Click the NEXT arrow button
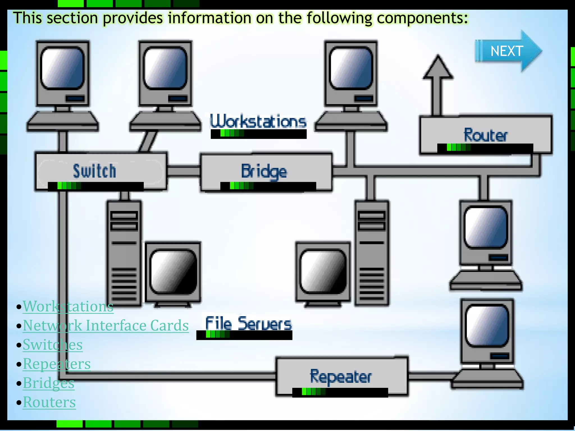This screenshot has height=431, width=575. (x=507, y=51)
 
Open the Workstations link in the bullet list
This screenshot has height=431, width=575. (x=68, y=306)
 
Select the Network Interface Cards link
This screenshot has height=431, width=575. (x=106, y=325)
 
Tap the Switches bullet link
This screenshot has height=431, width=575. (x=53, y=345)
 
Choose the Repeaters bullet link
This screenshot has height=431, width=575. (x=56, y=364)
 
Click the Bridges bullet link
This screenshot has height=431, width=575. (x=49, y=383)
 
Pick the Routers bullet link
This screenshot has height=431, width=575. (x=49, y=402)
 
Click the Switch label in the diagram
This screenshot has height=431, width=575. (x=94, y=171)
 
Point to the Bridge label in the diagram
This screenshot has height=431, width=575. (x=264, y=171)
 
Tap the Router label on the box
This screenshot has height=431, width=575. (x=485, y=135)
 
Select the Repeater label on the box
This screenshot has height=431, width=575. (x=341, y=377)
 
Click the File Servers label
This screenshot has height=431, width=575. (x=248, y=323)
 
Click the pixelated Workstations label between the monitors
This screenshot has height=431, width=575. (x=258, y=121)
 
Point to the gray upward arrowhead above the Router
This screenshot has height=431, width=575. (x=438, y=67)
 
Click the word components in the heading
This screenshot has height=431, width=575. (x=422, y=18)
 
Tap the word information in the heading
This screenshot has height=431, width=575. (x=209, y=18)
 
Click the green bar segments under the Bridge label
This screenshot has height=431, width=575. (x=241, y=186)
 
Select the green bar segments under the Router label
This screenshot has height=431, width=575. (x=458, y=147)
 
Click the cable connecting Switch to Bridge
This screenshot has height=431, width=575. (x=184, y=171)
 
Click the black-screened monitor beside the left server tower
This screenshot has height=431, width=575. (x=173, y=272)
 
